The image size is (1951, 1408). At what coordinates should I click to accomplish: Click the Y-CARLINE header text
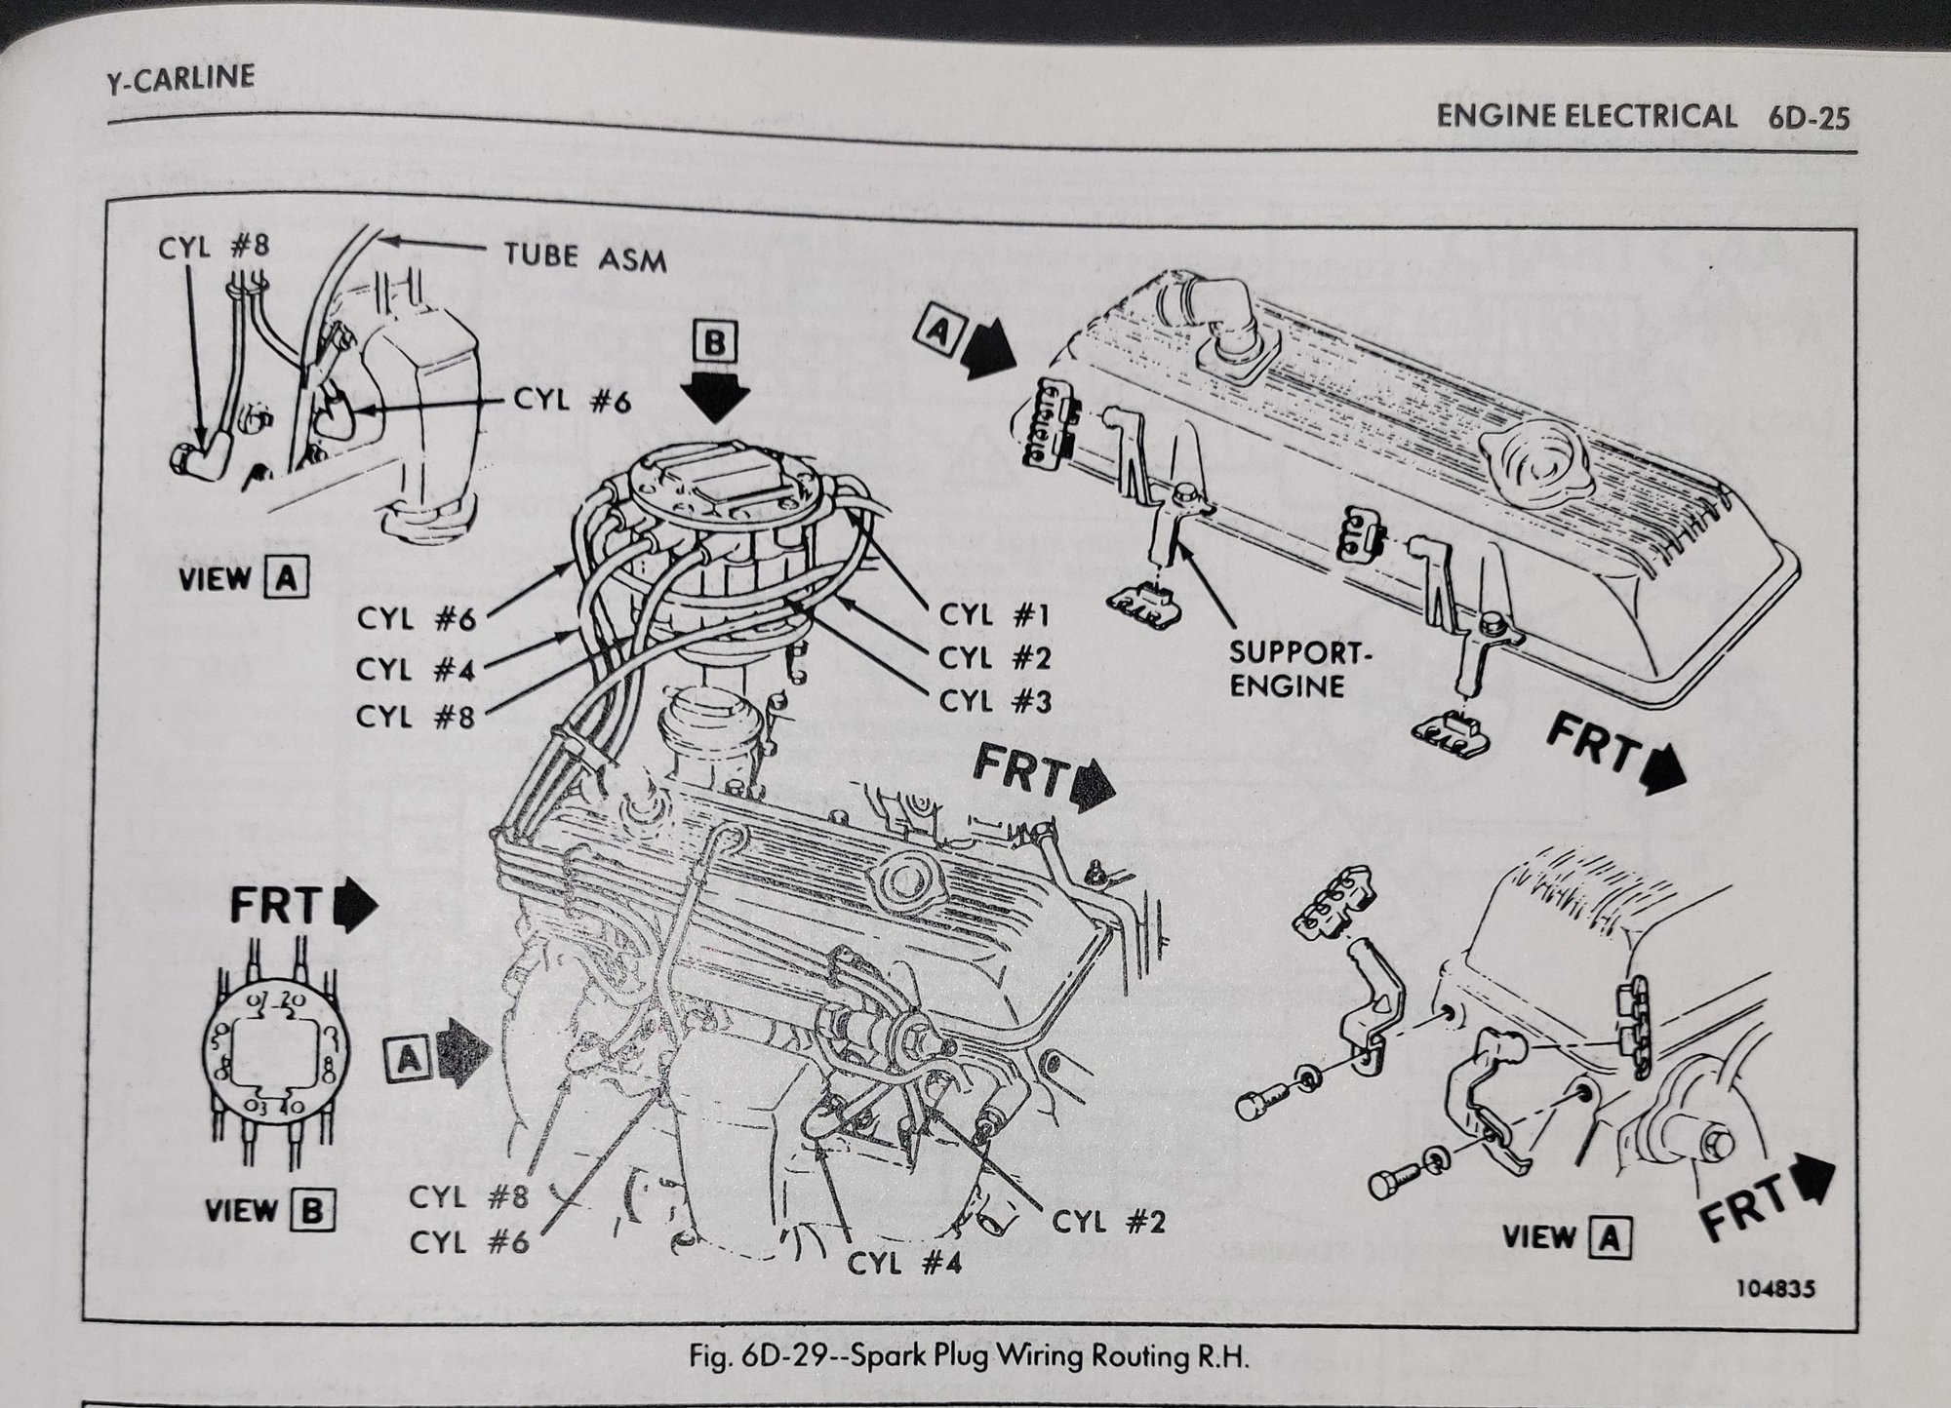180,76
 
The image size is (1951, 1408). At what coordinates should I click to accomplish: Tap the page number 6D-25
1808,118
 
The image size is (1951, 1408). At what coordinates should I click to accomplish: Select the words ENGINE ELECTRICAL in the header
1585,116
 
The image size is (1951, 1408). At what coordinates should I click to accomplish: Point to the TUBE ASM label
585,257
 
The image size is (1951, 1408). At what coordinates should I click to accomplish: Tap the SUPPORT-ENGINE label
1299,667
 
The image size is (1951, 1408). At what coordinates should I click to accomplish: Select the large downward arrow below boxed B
715,400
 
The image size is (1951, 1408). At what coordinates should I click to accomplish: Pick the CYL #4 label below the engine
903,1264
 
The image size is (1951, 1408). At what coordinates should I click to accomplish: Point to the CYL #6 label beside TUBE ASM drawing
570,402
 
